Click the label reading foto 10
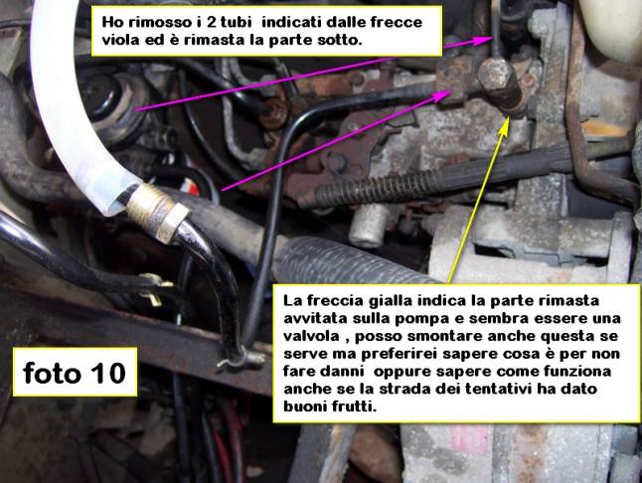pyautogui.click(x=75, y=372)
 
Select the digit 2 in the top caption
pyautogui.click(x=212, y=22)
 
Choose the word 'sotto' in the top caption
pyautogui.click(x=343, y=40)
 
